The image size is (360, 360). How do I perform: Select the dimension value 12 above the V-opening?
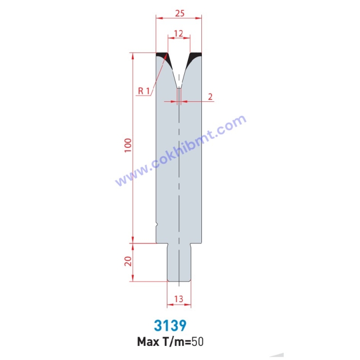point(179,33)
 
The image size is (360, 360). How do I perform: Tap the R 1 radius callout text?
point(144,90)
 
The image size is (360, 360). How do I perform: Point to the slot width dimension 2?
point(210,96)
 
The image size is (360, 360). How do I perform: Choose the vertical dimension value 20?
point(128,262)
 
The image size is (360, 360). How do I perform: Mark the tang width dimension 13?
point(179,299)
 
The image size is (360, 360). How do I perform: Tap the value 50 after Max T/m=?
point(198,341)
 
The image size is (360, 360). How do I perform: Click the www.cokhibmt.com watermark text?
point(180,150)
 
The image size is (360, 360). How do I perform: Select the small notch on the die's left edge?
point(157,224)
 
